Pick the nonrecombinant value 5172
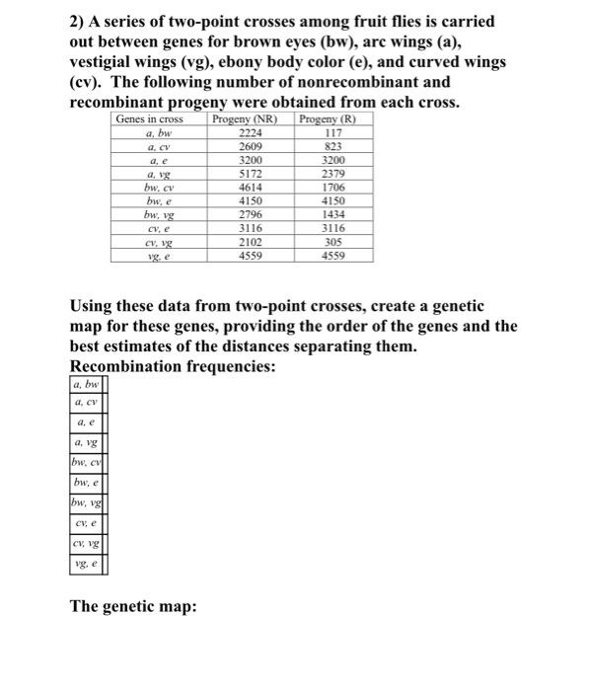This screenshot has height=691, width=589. click(x=252, y=175)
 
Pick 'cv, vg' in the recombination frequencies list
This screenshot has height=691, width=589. click(x=87, y=544)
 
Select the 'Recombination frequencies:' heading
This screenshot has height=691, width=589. click(x=174, y=365)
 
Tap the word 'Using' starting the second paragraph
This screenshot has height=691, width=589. click(x=93, y=306)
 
